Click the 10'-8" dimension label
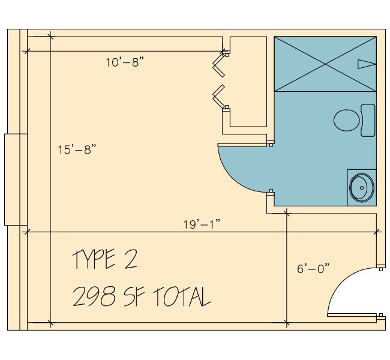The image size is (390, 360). [125, 62]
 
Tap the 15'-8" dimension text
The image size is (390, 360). [77, 149]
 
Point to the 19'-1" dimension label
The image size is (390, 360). [202, 224]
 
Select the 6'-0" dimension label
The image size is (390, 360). [313, 269]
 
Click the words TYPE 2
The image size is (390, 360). [105, 259]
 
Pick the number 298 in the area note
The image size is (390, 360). [94, 296]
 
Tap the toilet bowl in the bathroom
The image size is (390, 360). [346, 120]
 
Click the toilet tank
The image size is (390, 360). [368, 120]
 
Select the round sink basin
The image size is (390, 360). [362, 188]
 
